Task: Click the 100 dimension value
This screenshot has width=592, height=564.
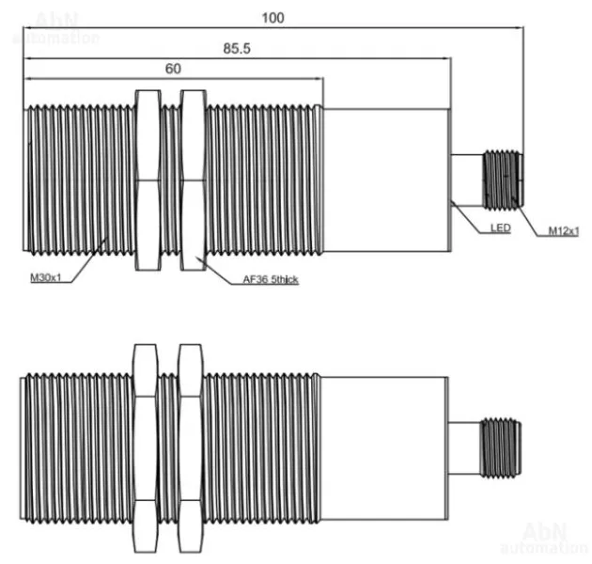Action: tap(273, 18)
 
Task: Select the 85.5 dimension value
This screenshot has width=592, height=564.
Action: tap(237, 48)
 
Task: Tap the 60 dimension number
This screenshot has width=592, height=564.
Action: tap(173, 69)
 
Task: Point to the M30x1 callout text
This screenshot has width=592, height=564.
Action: tap(45, 277)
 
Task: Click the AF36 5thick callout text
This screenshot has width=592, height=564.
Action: tap(271, 279)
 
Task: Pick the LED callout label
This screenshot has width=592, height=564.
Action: tap(500, 228)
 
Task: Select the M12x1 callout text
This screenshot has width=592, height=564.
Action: tap(563, 231)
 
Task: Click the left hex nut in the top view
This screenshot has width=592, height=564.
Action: tap(148, 180)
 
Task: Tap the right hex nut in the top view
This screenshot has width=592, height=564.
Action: tap(194, 180)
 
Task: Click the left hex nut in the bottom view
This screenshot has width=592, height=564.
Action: tap(145, 448)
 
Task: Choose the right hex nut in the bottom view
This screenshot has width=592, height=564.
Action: tap(191, 448)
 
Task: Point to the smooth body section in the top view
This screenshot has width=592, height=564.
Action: tap(387, 180)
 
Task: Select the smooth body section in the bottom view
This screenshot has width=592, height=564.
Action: tap(384, 448)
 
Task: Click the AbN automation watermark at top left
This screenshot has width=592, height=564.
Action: tap(55, 28)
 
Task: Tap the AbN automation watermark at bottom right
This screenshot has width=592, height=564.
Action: tap(544, 538)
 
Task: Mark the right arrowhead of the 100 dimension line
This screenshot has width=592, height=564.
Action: tap(520, 27)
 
